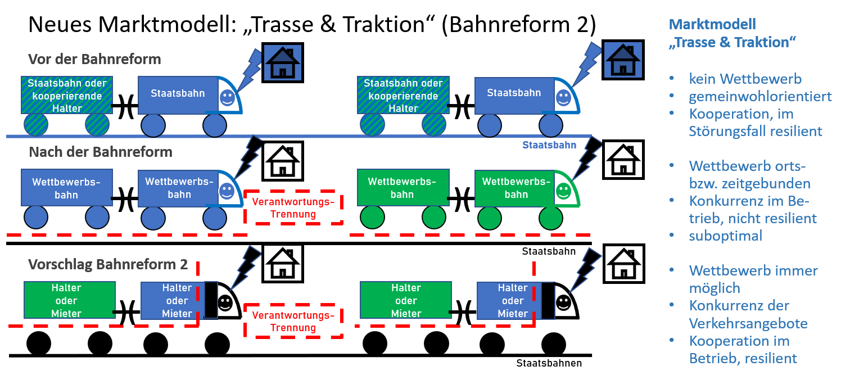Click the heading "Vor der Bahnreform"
(95, 59)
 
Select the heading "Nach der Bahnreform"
(101, 152)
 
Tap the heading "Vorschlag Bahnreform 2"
(107, 265)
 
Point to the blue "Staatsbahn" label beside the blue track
(549, 145)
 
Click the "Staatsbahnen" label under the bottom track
(549, 363)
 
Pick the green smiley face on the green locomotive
(562, 191)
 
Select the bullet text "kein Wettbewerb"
(745, 79)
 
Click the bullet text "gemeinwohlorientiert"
(760, 96)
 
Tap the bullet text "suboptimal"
(725, 236)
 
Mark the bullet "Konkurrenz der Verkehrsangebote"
(748, 314)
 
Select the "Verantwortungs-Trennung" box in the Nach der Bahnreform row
(292, 207)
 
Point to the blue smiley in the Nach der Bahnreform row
(227, 191)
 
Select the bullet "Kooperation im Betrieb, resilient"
(743, 349)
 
